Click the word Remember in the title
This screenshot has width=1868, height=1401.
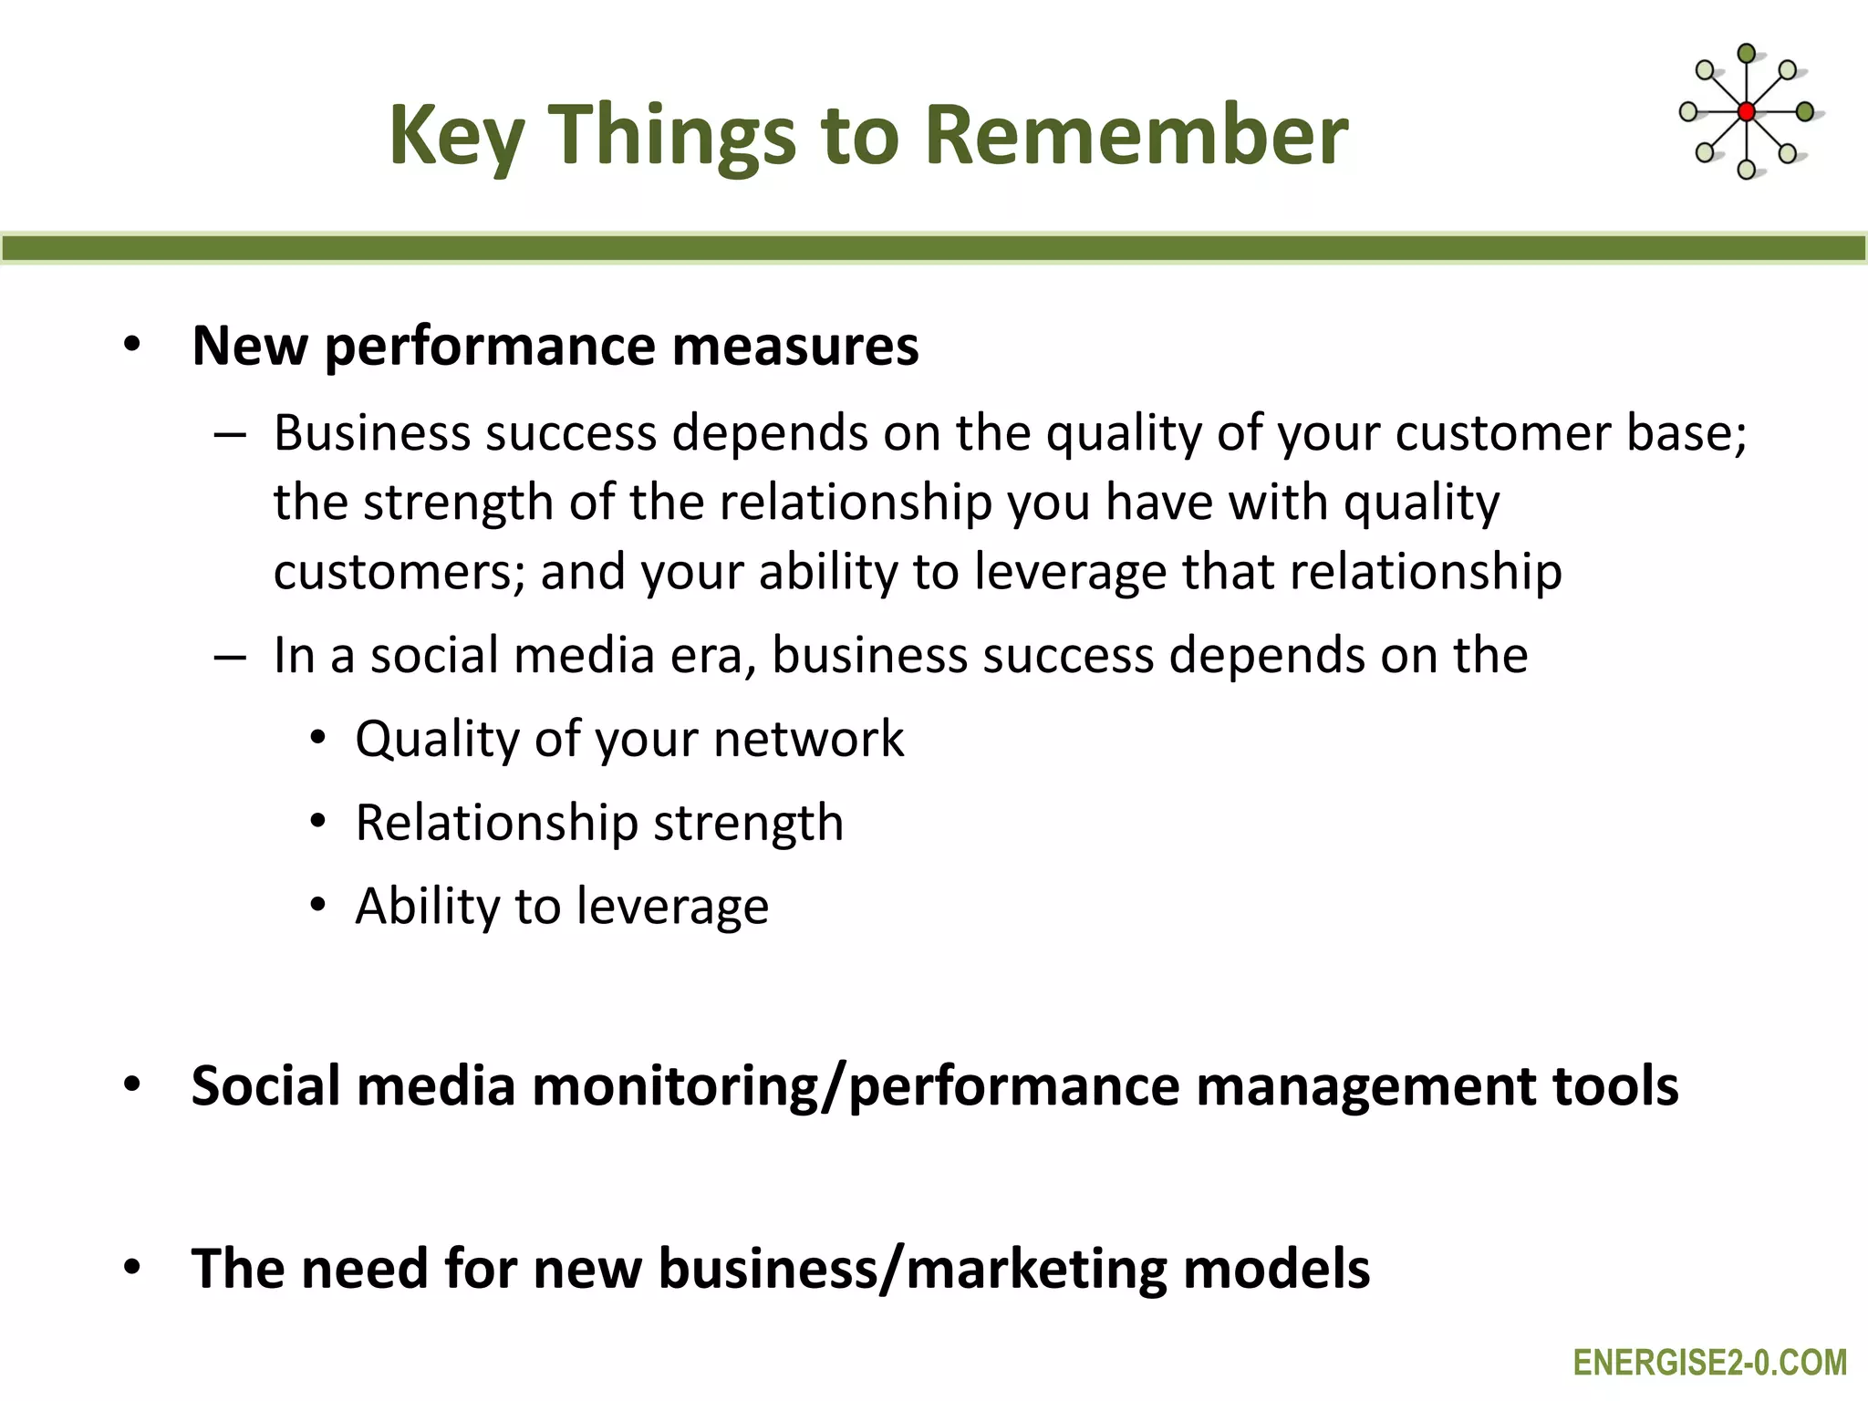pyautogui.click(x=1136, y=135)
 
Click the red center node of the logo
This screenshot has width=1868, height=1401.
pyautogui.click(x=1747, y=112)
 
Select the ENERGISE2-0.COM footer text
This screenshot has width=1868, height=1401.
pyautogui.click(x=1709, y=1363)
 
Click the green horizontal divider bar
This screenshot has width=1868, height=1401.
pyautogui.click(x=934, y=248)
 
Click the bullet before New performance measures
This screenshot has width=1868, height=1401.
pyautogui.click(x=133, y=346)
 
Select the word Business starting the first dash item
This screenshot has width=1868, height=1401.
pyautogui.click(x=373, y=432)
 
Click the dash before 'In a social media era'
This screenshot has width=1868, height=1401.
pyautogui.click(x=230, y=657)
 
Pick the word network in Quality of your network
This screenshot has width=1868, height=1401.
pyautogui.click(x=808, y=739)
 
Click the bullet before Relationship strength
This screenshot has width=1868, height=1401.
pyautogui.click(x=317, y=823)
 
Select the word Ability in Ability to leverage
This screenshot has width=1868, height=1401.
pyautogui.click(x=427, y=907)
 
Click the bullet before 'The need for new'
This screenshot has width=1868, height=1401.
pyautogui.click(x=133, y=1269)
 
